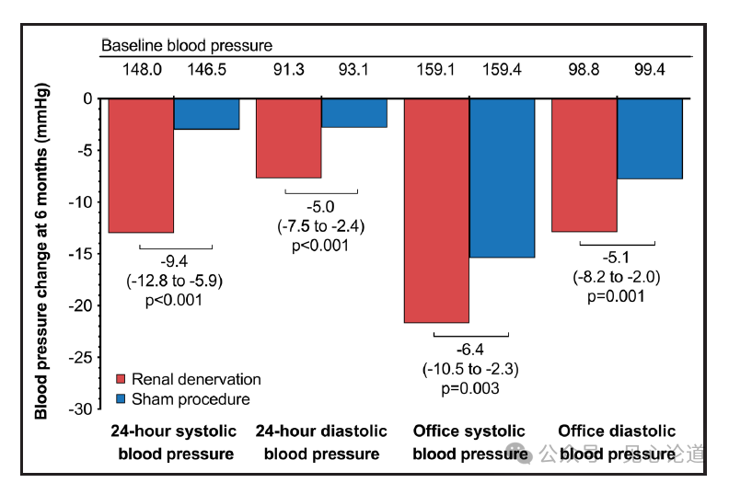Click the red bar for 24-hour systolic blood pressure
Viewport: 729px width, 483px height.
click(x=141, y=165)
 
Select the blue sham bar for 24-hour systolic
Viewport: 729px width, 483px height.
click(x=206, y=113)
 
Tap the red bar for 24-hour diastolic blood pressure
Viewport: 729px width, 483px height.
click(x=288, y=137)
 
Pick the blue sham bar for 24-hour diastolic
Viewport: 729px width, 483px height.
click(x=353, y=112)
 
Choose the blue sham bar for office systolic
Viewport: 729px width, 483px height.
click(x=502, y=178)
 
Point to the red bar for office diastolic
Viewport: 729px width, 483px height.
click(x=584, y=165)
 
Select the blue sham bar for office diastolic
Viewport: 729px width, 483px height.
click(x=650, y=138)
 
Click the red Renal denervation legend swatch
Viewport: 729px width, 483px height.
click(x=120, y=379)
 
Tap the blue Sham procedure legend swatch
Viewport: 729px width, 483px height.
click(x=120, y=399)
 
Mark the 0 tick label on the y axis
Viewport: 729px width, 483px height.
click(x=87, y=98)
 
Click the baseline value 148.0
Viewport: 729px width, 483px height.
click(x=142, y=68)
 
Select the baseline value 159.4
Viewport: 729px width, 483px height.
click(x=503, y=68)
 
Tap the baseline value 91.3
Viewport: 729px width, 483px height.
click(x=288, y=68)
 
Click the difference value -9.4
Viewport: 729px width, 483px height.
click(x=174, y=263)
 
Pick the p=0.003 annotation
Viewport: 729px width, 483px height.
click(x=470, y=388)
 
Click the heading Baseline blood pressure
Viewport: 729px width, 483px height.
click(x=187, y=45)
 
